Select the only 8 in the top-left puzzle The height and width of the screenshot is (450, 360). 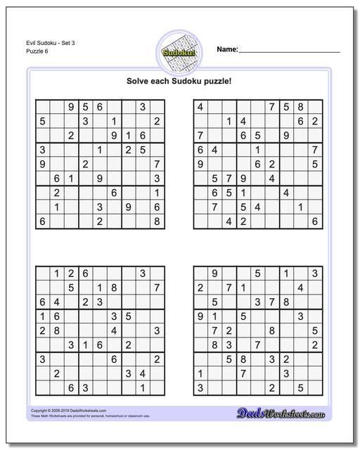pyautogui.click(x=157, y=221)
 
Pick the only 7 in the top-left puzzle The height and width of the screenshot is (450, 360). pyautogui.click(x=157, y=164)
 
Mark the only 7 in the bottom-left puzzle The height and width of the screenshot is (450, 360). pyautogui.click(x=157, y=287)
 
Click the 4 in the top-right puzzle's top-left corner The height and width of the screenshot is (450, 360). pyautogui.click(x=200, y=107)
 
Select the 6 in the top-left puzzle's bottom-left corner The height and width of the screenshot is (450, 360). pyautogui.click(x=43, y=221)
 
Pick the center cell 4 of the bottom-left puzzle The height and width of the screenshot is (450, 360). pyautogui.click(x=115, y=330)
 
